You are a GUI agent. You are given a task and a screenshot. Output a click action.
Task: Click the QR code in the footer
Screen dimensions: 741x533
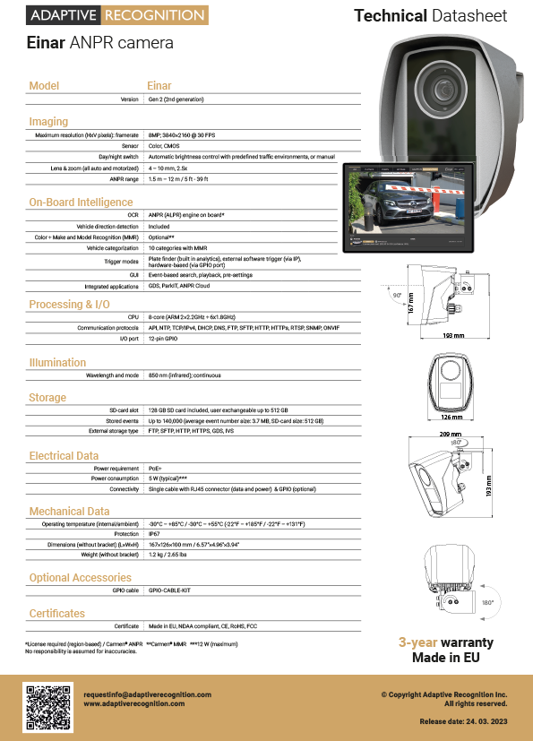point(47,708)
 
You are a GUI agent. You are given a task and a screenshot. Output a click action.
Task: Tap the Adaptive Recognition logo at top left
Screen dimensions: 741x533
point(117,15)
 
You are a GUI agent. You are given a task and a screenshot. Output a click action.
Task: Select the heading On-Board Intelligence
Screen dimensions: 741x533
point(81,202)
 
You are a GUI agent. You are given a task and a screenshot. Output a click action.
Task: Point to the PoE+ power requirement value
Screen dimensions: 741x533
point(155,468)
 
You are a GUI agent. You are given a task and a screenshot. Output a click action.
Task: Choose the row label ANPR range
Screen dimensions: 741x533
point(123,178)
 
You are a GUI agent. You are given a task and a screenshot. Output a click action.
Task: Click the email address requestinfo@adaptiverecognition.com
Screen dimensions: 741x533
point(147,694)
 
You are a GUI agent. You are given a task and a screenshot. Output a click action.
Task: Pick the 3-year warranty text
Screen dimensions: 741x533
point(445,642)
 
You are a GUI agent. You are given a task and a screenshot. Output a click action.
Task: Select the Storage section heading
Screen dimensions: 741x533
point(47,398)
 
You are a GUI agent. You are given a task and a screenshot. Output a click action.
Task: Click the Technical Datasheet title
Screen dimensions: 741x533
point(430,15)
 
